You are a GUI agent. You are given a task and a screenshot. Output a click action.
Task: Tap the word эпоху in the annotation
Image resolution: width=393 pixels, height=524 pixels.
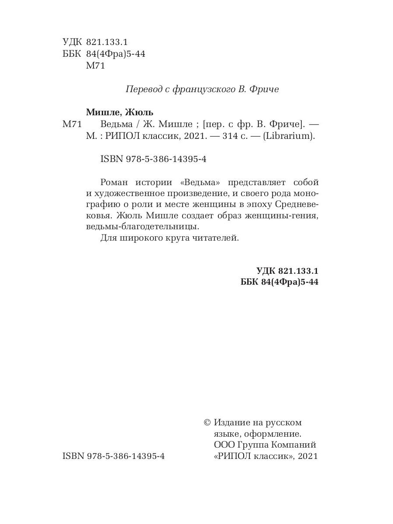pos(274,204)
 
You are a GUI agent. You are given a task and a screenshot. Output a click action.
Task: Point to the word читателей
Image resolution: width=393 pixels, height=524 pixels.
pos(216,238)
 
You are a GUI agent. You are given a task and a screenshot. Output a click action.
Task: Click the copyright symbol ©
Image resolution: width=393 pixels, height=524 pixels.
pos(207,423)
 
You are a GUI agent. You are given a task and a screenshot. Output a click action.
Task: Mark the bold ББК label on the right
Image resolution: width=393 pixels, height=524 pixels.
pos(250,282)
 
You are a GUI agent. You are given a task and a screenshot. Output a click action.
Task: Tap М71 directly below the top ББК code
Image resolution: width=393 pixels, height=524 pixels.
pos(96,66)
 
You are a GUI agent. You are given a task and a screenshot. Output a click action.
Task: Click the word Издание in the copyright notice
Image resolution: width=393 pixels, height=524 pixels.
pos(233,423)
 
